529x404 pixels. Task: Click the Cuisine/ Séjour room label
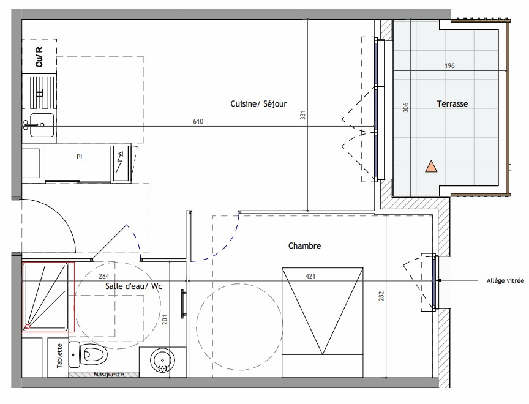[258, 104]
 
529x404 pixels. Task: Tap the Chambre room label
[304, 246]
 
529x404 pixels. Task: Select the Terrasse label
[452, 104]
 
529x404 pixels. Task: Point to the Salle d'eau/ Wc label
[133, 286]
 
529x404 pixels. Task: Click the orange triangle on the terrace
[431, 167]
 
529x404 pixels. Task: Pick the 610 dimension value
[198, 121]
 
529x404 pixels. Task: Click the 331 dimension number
[302, 114]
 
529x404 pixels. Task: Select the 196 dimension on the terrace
[449, 65]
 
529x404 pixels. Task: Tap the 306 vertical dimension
[405, 107]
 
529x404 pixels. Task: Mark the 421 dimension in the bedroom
[310, 277]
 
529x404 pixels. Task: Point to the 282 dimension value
[381, 296]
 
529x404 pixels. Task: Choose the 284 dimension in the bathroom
[104, 277]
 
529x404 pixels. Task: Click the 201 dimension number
[165, 320]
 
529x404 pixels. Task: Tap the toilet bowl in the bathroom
[94, 354]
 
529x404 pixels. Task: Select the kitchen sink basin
[42, 125]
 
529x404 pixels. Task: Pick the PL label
[80, 157]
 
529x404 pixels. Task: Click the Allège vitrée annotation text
[505, 280]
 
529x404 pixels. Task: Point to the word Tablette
[60, 356]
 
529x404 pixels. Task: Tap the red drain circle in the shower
[28, 327]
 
